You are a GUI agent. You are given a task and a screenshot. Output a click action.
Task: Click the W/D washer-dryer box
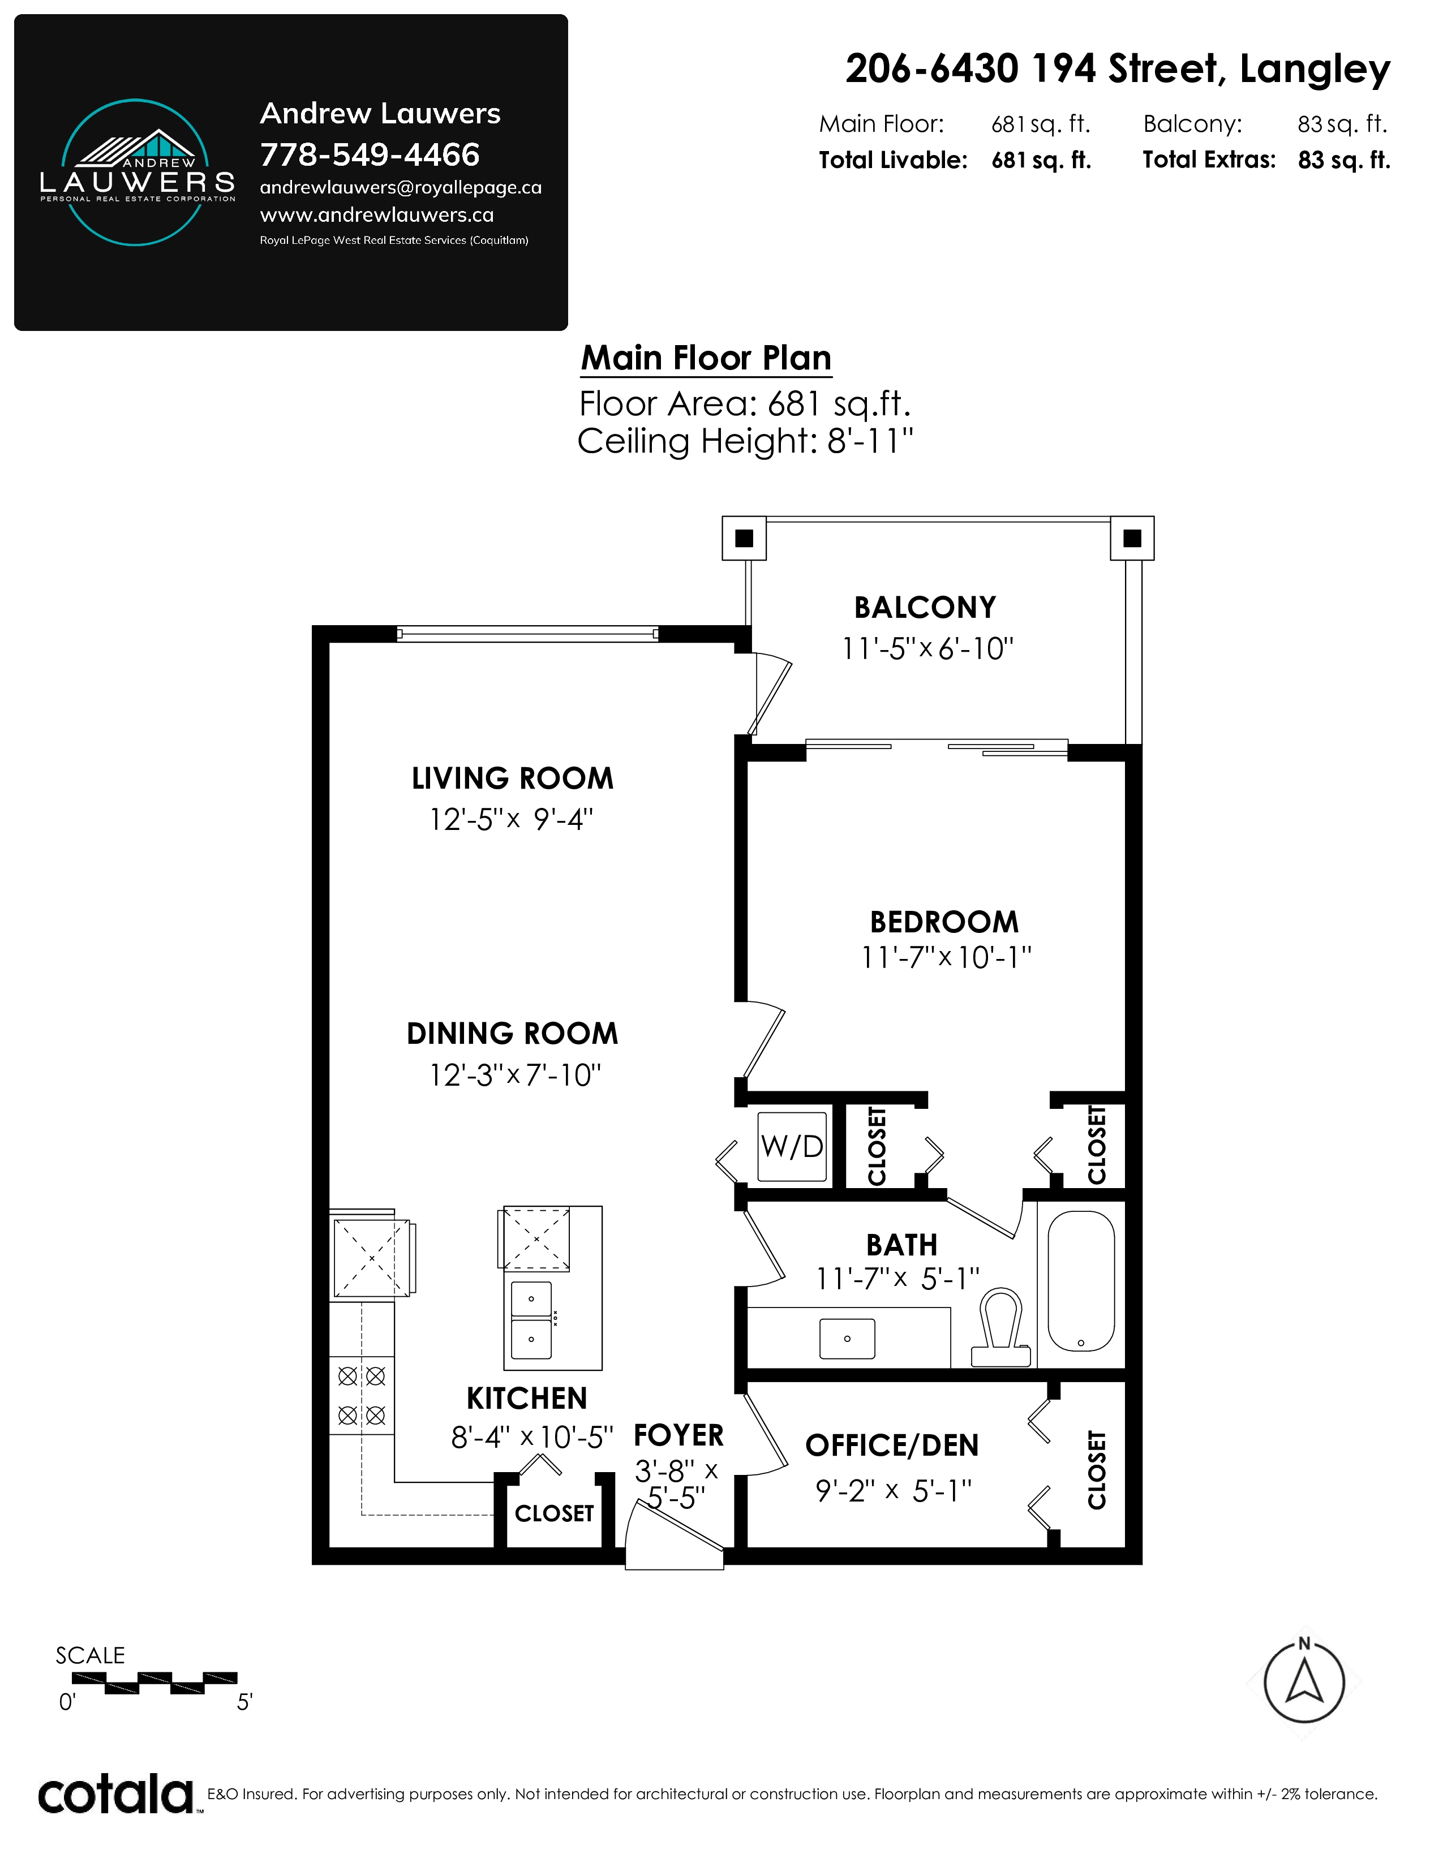coord(792,1146)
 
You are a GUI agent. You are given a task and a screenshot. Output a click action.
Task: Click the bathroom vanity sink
coord(847,1338)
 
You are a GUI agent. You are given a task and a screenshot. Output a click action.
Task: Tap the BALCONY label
coord(925,608)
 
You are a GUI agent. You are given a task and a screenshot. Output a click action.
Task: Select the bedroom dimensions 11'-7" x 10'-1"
coord(946,957)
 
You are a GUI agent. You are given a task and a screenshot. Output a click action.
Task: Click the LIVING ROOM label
coord(513,779)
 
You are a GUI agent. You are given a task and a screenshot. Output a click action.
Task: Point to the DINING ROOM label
coord(512,1034)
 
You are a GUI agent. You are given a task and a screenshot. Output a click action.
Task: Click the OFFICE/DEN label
coord(892,1446)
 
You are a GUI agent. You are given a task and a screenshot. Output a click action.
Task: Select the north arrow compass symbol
coord(1304,1683)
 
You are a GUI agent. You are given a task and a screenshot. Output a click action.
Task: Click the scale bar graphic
coord(154,1683)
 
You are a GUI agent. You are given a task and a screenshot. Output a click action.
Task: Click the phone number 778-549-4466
coord(370,154)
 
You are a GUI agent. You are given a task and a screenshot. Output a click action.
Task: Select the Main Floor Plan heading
coord(706,358)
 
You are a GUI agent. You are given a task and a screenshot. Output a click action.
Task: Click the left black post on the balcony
coord(744,537)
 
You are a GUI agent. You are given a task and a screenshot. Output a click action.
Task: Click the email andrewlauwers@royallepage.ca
coord(401,187)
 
